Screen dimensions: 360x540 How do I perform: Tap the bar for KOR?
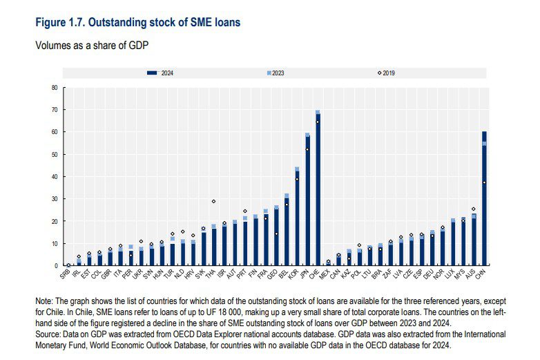tap(297, 218)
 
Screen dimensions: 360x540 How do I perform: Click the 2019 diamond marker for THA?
tap(213, 201)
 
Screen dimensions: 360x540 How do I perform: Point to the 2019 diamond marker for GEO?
tap(276, 234)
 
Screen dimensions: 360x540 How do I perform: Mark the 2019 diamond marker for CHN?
tap(484, 182)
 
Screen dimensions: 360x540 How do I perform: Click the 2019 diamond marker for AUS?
tap(474, 209)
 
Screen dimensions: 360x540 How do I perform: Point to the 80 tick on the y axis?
tap(54, 88)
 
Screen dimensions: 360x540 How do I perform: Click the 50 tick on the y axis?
tap(54, 155)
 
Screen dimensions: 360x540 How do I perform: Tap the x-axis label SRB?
tap(66, 272)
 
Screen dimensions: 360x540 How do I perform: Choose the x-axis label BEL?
tap(284, 272)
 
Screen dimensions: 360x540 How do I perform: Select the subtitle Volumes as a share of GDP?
tap(93, 46)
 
